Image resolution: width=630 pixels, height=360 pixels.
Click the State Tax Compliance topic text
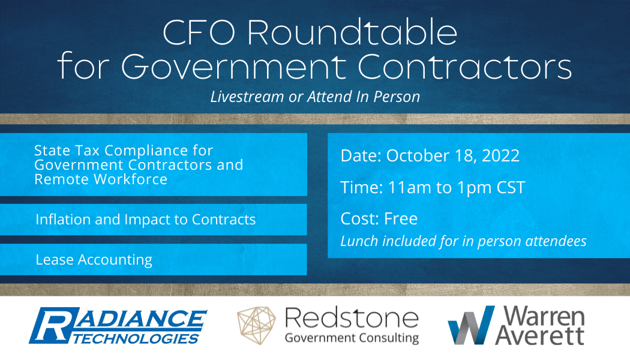pyautogui.click(x=139, y=164)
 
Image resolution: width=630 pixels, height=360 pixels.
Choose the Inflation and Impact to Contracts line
pyautogui.click(x=146, y=220)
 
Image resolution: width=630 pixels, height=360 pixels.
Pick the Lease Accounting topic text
pyautogui.click(x=94, y=260)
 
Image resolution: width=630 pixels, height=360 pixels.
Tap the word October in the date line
pyautogui.click(x=416, y=156)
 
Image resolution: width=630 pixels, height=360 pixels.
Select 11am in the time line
pyautogui.click(x=406, y=187)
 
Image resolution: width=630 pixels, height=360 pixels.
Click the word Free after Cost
pyautogui.click(x=396, y=218)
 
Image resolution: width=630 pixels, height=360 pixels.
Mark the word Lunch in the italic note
pyautogui.click(x=359, y=241)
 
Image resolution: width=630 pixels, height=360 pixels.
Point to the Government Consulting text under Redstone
pyautogui.click(x=352, y=338)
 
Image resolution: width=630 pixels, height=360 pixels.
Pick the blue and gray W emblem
pyautogui.click(x=470, y=325)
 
